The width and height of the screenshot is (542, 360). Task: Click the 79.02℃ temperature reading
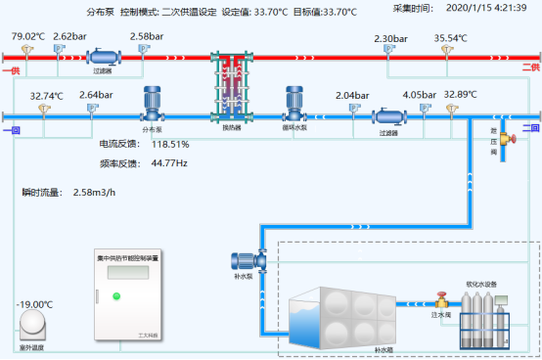coord(28,36)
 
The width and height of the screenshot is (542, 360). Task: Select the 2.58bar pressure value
coord(147,36)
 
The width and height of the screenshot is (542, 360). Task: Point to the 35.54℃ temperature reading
coord(452,39)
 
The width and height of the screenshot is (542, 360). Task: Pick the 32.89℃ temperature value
coord(460,95)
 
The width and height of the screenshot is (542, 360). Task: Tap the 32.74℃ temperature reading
coord(46,96)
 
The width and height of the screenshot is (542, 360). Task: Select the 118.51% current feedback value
coord(169,144)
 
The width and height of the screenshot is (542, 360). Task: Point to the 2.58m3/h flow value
coord(96,192)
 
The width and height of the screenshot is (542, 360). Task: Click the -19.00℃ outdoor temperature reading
coord(34,304)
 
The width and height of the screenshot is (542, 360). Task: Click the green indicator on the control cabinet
coord(116,295)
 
